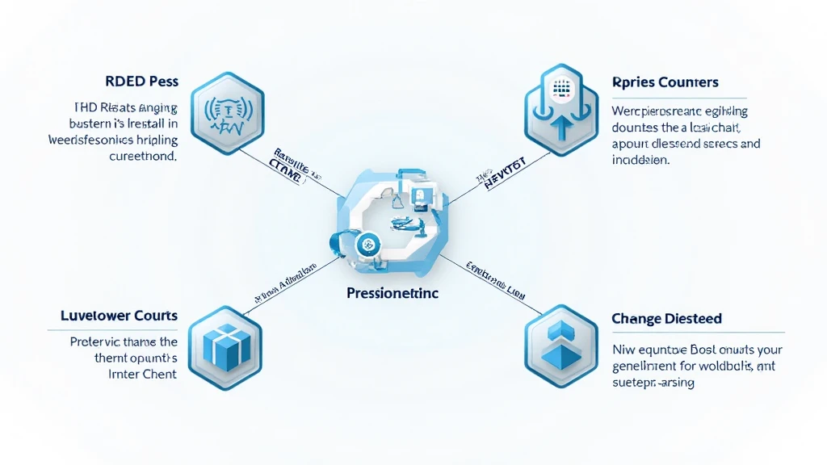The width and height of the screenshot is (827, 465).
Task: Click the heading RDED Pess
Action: click(141, 82)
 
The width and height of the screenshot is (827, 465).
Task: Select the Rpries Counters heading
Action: click(665, 82)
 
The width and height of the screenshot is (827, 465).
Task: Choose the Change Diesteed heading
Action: click(666, 319)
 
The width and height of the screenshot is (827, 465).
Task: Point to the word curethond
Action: click(142, 157)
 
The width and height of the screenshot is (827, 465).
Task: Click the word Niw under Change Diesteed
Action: click(622, 350)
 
